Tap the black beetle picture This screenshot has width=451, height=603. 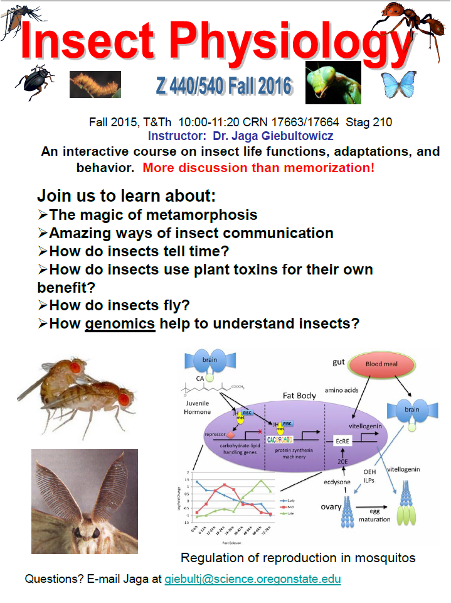point(33,85)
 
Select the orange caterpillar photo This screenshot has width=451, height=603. point(95,84)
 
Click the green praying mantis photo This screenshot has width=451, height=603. point(332,82)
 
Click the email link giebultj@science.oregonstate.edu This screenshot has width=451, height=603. point(253,579)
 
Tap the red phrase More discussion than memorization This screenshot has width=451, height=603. point(258,168)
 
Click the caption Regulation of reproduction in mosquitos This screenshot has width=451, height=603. point(298,557)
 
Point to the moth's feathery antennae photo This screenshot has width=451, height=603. point(85,501)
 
